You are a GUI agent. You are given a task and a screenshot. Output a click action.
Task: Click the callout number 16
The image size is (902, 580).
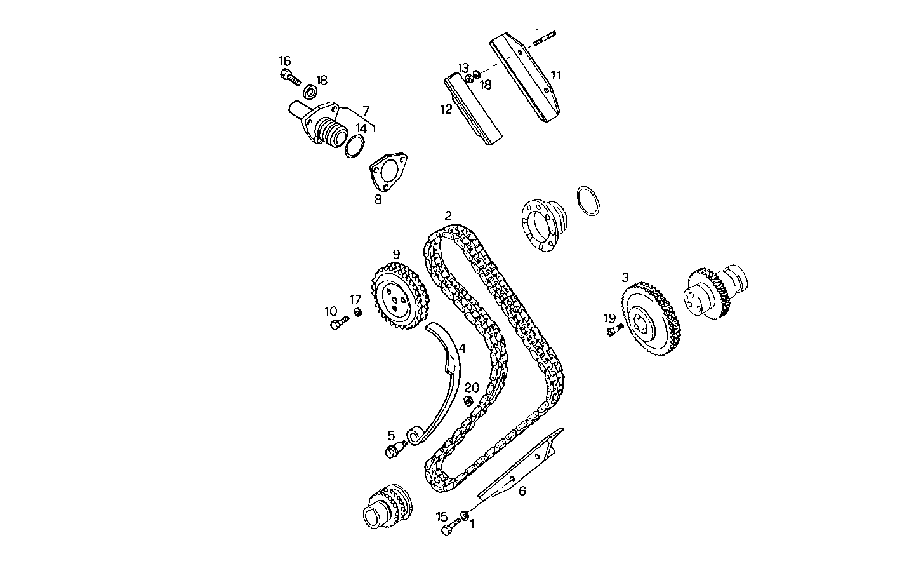pyautogui.click(x=284, y=61)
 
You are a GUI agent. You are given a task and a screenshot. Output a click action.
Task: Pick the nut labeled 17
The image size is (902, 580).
pyautogui.click(x=357, y=312)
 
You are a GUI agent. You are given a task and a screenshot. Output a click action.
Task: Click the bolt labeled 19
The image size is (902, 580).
pyautogui.click(x=613, y=330)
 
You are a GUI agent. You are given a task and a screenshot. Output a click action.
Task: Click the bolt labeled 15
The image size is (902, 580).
pyautogui.click(x=449, y=527)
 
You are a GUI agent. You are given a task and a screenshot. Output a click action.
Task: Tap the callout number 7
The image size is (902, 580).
pyautogui.click(x=365, y=111)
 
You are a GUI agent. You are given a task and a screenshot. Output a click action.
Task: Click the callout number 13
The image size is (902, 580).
pyautogui.click(x=463, y=67)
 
